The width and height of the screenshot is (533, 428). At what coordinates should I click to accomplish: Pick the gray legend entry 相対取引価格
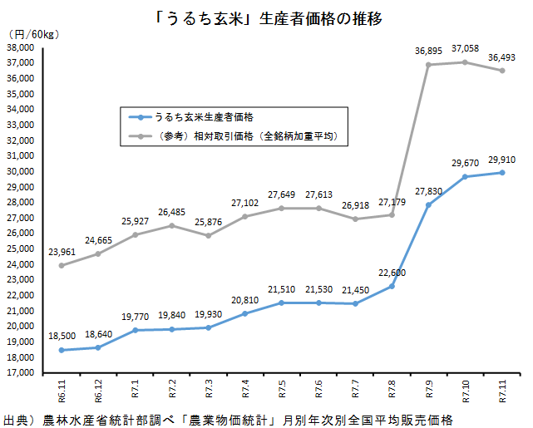tap(241, 134)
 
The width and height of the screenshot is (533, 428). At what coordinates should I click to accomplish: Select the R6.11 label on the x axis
tap(62, 390)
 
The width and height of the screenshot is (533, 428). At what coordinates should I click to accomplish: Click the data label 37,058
tap(464, 49)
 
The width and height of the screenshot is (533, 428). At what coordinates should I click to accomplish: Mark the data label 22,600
tap(392, 273)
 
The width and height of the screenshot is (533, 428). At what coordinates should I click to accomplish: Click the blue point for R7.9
tap(428, 204)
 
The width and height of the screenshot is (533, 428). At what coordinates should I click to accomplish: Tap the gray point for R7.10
tap(464, 62)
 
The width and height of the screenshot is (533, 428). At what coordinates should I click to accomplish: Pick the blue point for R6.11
tap(62, 350)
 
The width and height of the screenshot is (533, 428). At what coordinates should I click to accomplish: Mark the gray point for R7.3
tap(208, 235)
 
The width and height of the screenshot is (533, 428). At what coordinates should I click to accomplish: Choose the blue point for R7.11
tap(501, 172)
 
